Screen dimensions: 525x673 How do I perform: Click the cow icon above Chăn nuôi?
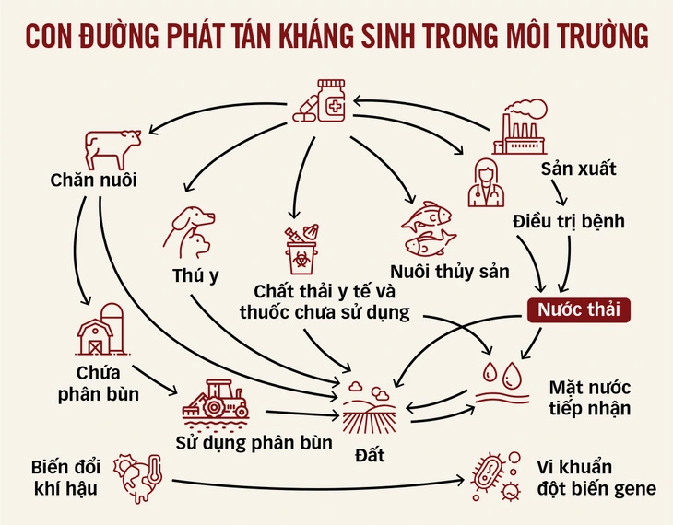click(x=112, y=147)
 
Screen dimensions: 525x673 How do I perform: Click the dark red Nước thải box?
click(x=579, y=309)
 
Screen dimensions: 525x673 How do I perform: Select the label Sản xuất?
click(x=577, y=170)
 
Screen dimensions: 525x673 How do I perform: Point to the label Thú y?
click(x=195, y=276)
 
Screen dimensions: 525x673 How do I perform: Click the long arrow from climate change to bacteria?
click(x=313, y=481)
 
